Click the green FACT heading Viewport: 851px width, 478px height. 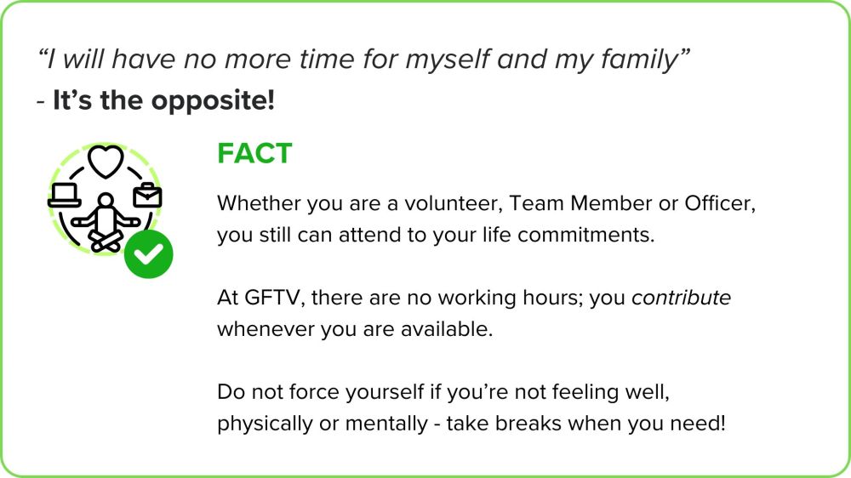(254, 154)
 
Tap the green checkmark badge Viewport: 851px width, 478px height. (148, 254)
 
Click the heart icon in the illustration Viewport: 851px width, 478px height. (106, 162)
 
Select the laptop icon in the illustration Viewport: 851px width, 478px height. (65, 196)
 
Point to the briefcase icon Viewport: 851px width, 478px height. (147, 196)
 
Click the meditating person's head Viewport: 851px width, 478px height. (106, 200)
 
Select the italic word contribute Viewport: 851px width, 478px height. (681, 298)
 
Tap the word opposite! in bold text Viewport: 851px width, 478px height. (213, 101)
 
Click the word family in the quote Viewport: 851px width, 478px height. (643, 60)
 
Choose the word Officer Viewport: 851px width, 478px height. (720, 203)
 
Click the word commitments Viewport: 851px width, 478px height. (586, 235)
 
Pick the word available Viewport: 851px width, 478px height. (447, 329)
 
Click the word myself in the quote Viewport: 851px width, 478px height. (448, 60)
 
